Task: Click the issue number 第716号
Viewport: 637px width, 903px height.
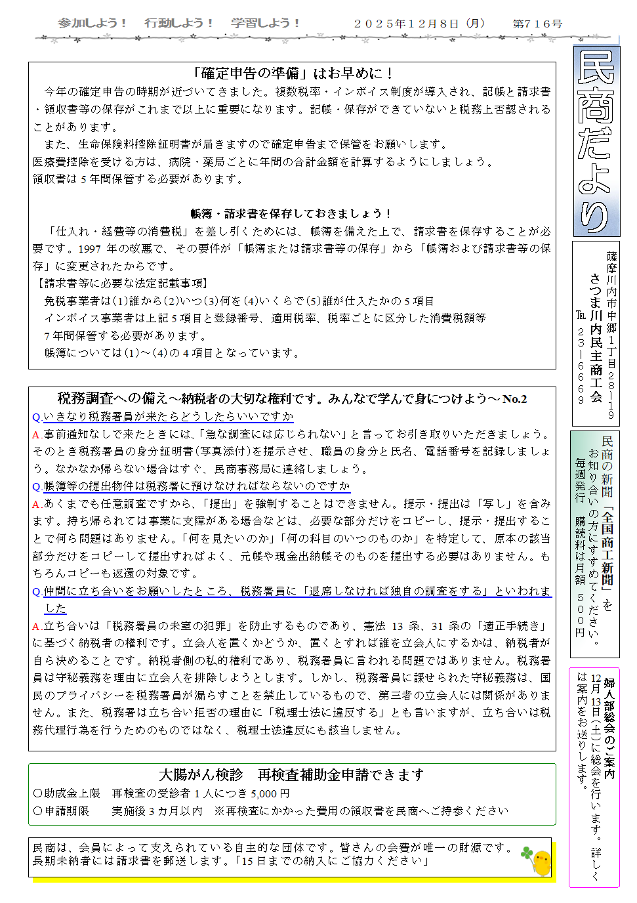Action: (537, 24)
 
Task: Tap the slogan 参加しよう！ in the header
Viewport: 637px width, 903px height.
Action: (92, 23)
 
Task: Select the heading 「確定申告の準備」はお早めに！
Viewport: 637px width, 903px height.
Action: (293, 73)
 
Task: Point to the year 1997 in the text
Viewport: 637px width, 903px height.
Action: (90, 249)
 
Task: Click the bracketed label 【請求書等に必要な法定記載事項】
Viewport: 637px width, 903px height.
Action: (123, 283)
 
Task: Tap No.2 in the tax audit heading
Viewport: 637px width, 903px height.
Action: (514, 399)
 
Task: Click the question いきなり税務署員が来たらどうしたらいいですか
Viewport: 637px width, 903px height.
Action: (168, 417)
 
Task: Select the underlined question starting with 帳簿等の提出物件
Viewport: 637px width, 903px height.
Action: (196, 486)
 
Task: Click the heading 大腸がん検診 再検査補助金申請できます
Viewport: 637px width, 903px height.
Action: (292, 775)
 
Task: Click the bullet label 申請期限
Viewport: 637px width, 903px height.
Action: (66, 811)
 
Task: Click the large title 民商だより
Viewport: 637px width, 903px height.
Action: (596, 141)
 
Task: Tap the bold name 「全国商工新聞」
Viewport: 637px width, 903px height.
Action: (607, 546)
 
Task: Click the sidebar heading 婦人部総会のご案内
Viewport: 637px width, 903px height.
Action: (609, 728)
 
